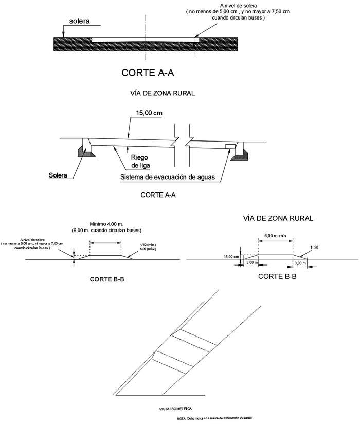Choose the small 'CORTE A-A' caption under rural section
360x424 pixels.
159,196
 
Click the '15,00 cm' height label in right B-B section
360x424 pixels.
231,256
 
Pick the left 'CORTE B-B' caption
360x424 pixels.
108,280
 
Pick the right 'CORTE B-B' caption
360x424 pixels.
276,276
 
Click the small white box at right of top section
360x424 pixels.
196,39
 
